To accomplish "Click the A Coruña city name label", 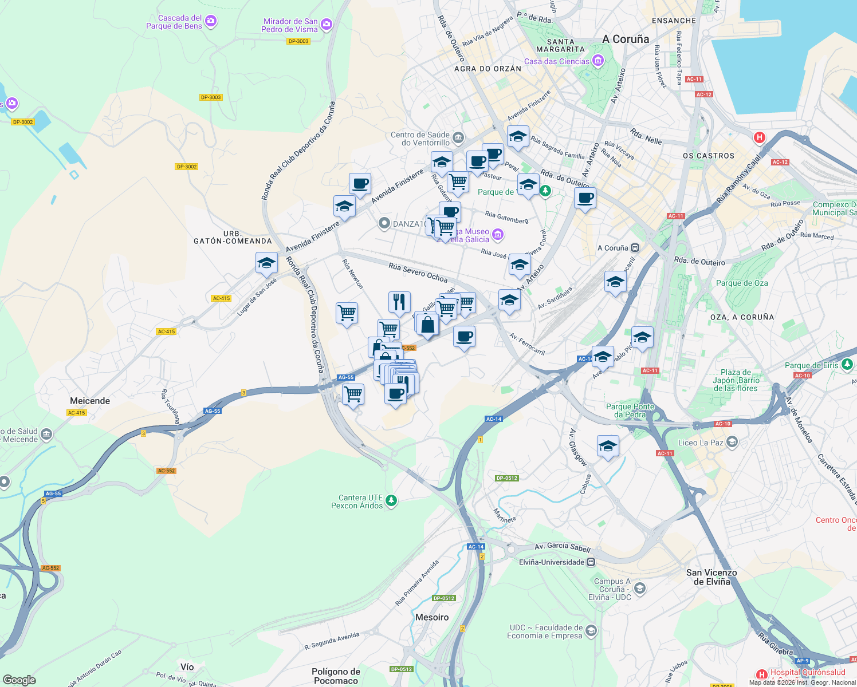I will [x=626, y=39].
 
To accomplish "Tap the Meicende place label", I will [x=90, y=401].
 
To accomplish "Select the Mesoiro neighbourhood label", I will [x=432, y=617].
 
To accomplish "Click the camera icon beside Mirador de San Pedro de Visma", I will [x=327, y=24].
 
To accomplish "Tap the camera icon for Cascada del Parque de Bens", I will [x=211, y=21].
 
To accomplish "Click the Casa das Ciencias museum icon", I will [x=598, y=60].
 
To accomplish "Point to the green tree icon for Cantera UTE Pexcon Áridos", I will [x=391, y=501].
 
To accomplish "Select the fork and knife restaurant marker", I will [x=399, y=302].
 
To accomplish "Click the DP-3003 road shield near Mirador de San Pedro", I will [x=298, y=41].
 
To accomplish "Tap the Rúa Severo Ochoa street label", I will [x=418, y=273].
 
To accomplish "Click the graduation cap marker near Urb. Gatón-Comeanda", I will [x=266, y=263].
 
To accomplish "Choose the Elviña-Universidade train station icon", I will [x=591, y=562].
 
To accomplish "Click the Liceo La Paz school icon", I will [x=732, y=442].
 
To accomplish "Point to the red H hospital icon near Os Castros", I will [x=760, y=137].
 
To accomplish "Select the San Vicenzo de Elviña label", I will [x=711, y=577].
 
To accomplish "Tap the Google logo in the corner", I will [x=19, y=680].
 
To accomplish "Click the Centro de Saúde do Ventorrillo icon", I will [x=458, y=137].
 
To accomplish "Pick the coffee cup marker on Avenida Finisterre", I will [x=360, y=184].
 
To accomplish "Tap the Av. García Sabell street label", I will [x=562, y=547].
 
